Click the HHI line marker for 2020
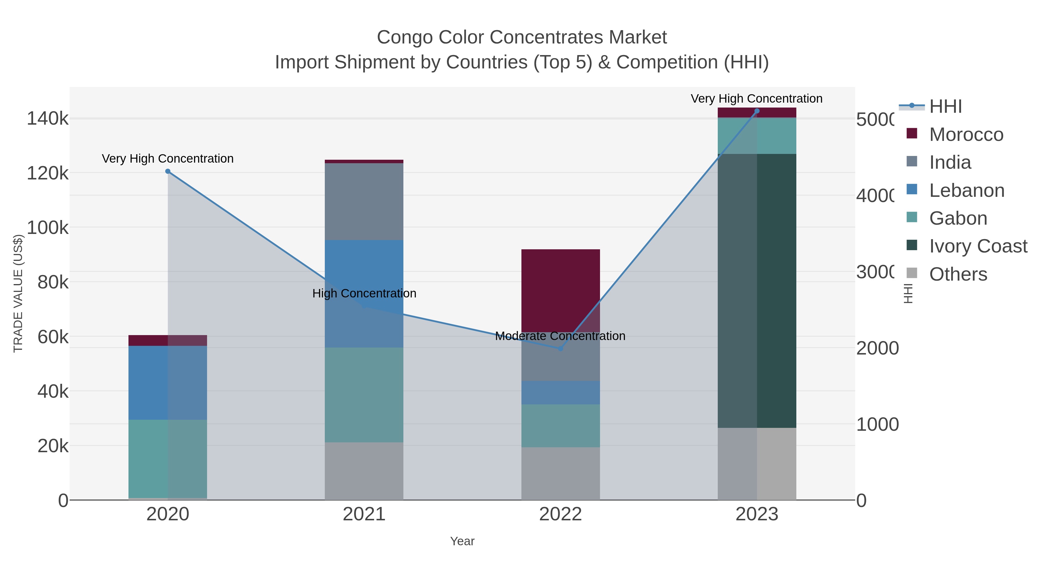(x=168, y=171)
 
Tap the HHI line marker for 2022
(x=561, y=348)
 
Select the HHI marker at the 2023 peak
(x=757, y=111)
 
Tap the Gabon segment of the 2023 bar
(x=757, y=136)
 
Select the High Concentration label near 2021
(x=364, y=293)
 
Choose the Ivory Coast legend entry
(x=978, y=246)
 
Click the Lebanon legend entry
(x=966, y=190)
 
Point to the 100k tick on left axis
(x=48, y=228)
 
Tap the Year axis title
(x=462, y=541)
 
